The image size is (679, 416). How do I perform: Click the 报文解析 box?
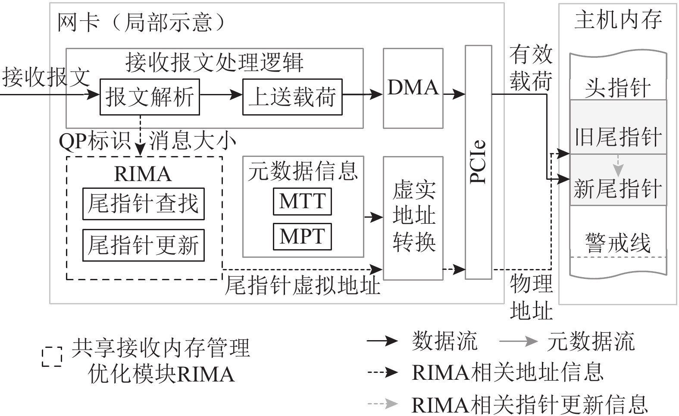[149, 97]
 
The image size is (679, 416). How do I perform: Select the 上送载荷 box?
[292, 97]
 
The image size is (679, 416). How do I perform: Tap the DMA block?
[413, 88]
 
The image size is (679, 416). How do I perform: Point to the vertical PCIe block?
[478, 162]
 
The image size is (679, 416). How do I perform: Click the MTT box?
[302, 201]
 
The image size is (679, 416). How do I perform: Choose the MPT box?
[302, 236]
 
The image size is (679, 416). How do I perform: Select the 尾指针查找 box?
[143, 204]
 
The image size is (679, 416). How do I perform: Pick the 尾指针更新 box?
[143, 245]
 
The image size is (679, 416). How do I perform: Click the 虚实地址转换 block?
[413, 218]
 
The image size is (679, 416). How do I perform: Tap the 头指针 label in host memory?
[617, 88]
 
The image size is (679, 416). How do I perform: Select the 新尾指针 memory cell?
[618, 188]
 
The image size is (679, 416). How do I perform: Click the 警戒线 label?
[617, 243]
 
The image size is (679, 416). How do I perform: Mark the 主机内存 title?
[617, 20]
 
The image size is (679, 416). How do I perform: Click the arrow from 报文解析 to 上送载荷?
[221, 94]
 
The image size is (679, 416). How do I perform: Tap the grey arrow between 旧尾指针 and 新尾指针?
[618, 165]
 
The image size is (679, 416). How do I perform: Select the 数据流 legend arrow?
[382, 341]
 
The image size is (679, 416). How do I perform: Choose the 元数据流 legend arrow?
[518, 341]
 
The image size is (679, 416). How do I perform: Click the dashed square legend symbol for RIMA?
[52, 357]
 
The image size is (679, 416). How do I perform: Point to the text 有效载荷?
[531, 68]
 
